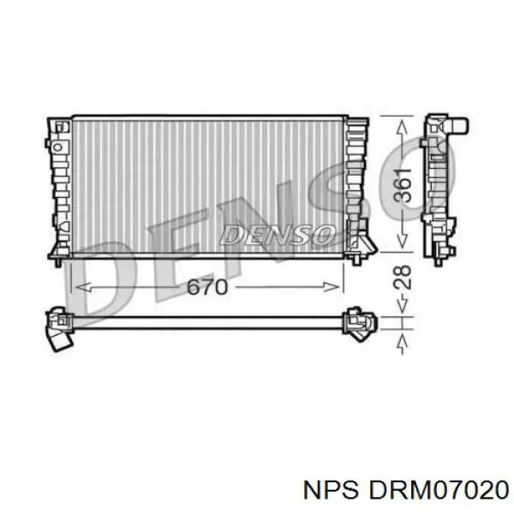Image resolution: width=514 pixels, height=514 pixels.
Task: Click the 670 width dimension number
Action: pos(206,287)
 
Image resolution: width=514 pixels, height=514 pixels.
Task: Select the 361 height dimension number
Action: pos(403,186)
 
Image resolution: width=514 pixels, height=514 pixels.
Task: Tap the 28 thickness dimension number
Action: pos(403,278)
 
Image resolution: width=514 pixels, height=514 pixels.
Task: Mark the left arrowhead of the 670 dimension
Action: pos(82,287)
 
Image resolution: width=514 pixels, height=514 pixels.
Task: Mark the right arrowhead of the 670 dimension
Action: pos(332,287)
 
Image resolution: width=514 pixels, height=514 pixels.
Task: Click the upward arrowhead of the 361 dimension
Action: pos(403,127)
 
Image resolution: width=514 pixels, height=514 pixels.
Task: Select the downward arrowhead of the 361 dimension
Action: pos(403,242)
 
